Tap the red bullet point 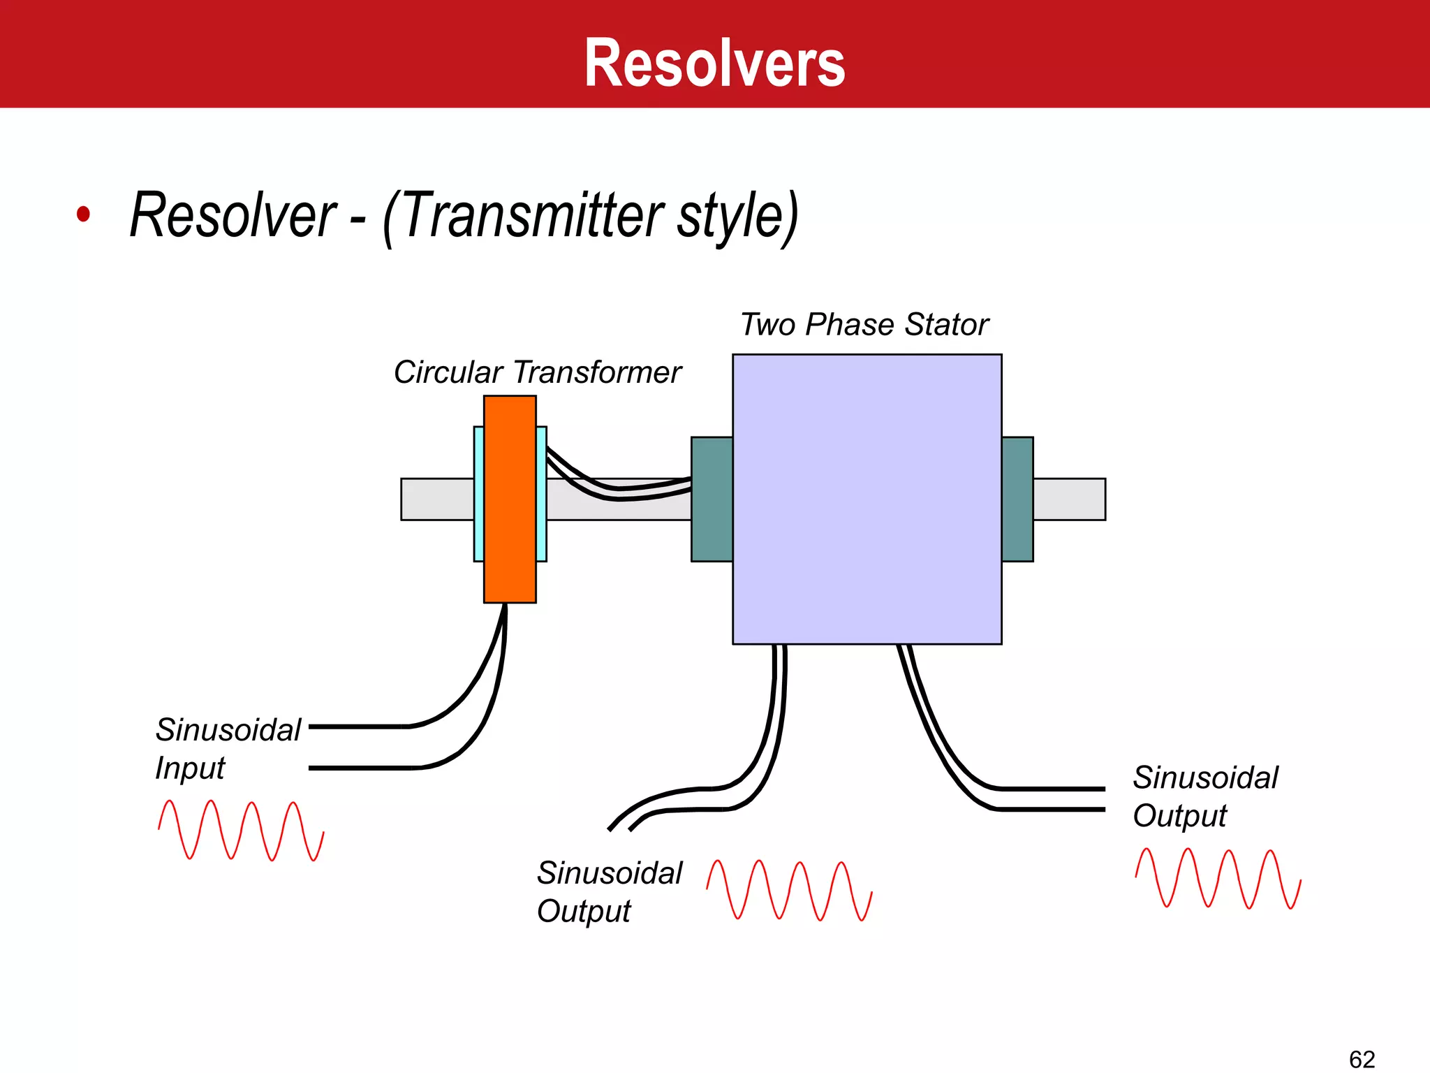(83, 214)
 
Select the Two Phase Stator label (864, 325)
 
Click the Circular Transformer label (537, 372)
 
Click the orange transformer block (510, 499)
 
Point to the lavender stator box (867, 499)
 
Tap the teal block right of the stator (1017, 499)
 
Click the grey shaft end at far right (1069, 499)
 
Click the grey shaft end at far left (436, 499)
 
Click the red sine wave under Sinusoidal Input (241, 831)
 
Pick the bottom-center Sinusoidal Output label (609, 892)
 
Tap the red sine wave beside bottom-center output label (789, 891)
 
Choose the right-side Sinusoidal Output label (1205, 796)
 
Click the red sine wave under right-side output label (1218, 878)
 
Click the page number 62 (1362, 1059)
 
